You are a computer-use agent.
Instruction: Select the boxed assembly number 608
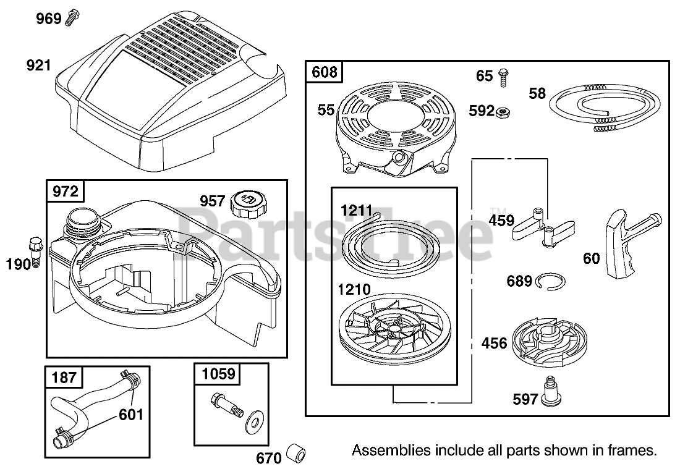[x=325, y=72]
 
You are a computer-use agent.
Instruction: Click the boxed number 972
[x=66, y=192]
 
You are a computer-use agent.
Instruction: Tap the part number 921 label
[x=38, y=64]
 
